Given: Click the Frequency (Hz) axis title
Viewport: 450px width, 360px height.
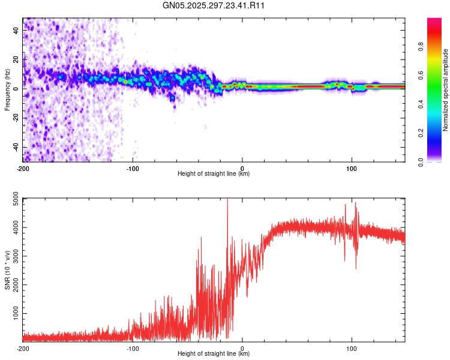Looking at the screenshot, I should tap(8, 89).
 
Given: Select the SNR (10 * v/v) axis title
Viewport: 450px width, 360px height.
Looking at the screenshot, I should tap(8, 270).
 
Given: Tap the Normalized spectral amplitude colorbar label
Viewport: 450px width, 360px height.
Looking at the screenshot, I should tap(446, 90).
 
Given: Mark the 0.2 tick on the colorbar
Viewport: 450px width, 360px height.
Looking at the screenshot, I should tap(421, 133).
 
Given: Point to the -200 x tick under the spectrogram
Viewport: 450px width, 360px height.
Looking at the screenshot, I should tap(23, 168).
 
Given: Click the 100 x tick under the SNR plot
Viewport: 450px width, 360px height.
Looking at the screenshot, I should tap(352, 348).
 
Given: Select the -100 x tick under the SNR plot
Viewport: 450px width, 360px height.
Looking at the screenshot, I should tap(133, 348).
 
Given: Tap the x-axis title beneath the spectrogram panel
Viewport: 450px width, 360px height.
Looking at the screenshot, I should tap(214, 174).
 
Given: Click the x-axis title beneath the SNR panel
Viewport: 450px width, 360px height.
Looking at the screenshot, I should tap(214, 354).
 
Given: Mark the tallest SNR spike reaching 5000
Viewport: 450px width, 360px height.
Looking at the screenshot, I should tap(227, 200).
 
